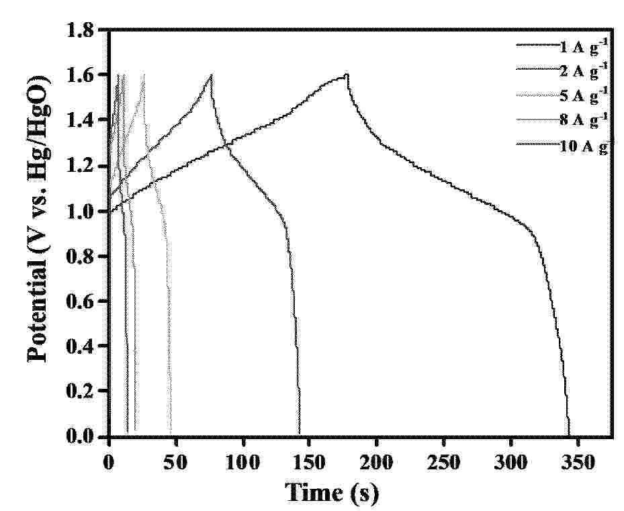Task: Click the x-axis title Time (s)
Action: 332,492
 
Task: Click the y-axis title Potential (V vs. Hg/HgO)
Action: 39,218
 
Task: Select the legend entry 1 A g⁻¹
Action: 562,47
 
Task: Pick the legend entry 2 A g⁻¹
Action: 562,72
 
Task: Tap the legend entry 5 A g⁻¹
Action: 562,96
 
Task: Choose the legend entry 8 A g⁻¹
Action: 562,120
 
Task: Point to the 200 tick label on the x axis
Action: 376,463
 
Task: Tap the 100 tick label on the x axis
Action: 242,463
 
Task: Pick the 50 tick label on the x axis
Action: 176,463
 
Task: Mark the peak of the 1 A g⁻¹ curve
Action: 347,75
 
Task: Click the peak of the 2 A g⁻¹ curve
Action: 212,75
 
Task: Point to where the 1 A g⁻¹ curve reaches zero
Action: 569,434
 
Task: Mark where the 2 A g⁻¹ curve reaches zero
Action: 300,434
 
